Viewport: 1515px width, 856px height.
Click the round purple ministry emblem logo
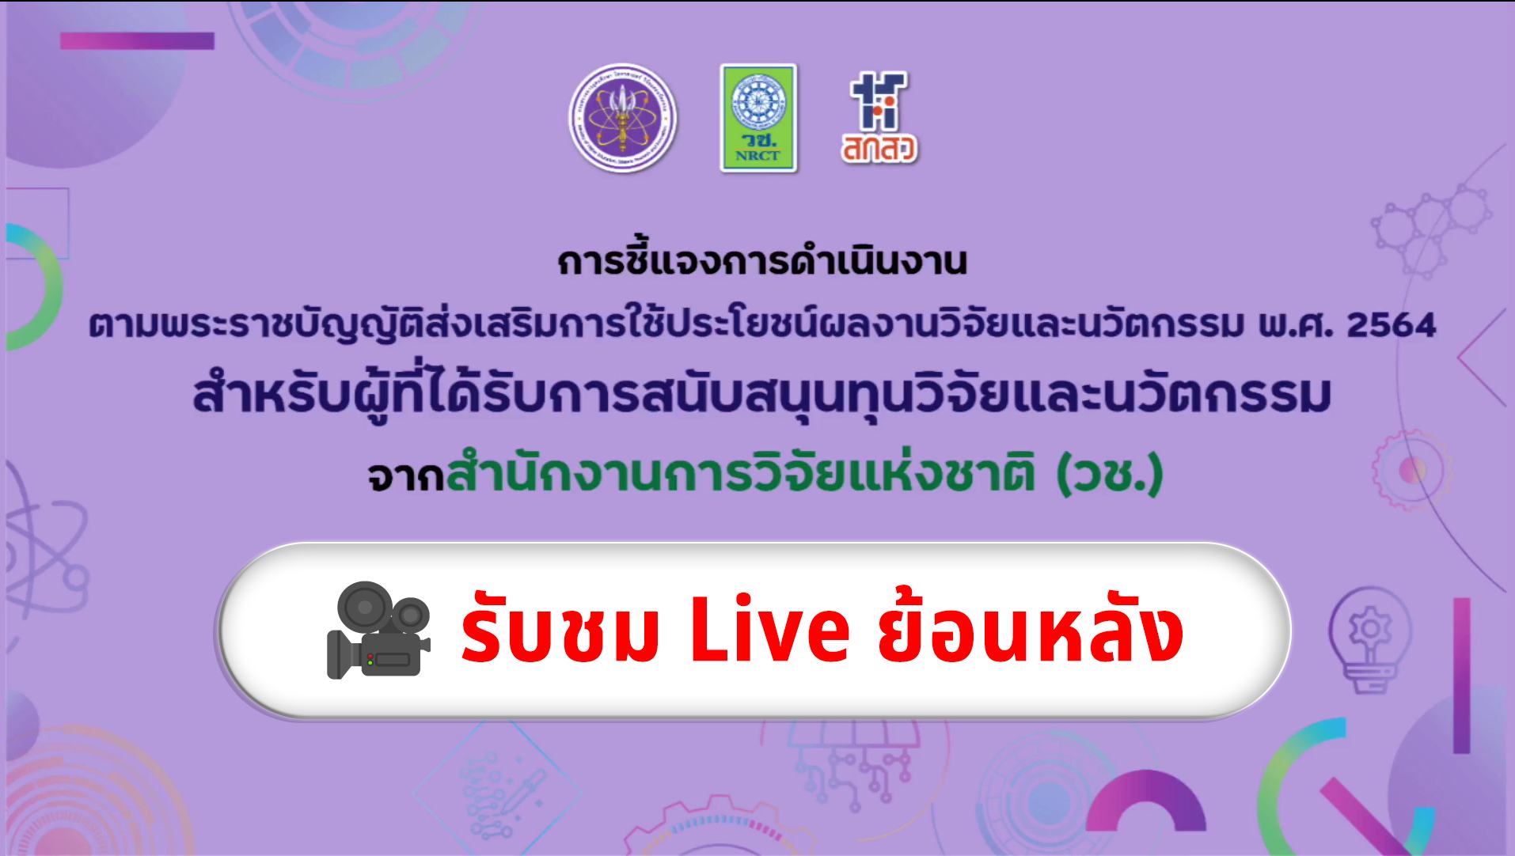(x=624, y=119)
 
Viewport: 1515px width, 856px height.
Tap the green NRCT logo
(x=758, y=118)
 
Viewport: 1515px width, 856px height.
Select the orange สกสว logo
(x=879, y=118)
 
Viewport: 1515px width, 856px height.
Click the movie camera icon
(x=378, y=630)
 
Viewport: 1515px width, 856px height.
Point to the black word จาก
(x=404, y=478)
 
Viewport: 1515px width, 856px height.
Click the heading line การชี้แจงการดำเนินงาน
(x=762, y=262)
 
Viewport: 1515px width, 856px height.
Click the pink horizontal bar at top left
(x=137, y=40)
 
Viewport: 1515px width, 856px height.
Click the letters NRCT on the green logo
(x=757, y=155)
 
